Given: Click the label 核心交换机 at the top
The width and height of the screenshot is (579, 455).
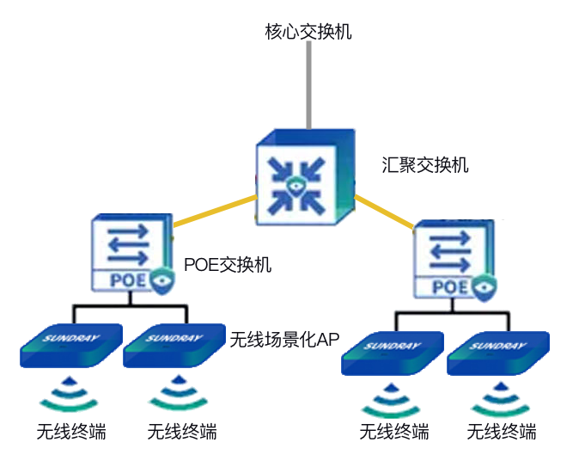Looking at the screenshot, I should pyautogui.click(x=308, y=33).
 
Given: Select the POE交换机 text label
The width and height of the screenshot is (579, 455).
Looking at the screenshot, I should pyautogui.click(x=228, y=265).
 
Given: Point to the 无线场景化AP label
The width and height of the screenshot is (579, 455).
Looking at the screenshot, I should pyautogui.click(x=285, y=339).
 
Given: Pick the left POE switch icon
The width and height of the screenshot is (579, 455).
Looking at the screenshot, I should pyautogui.click(x=130, y=255).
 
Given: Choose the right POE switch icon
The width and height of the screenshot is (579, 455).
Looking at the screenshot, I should pyautogui.click(x=454, y=260).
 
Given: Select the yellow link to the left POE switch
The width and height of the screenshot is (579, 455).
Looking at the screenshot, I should pyautogui.click(x=215, y=212).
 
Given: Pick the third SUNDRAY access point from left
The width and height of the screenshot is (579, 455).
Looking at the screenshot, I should pyautogui.click(x=392, y=353).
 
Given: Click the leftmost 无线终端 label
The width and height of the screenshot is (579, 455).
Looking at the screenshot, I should pyautogui.click(x=71, y=431).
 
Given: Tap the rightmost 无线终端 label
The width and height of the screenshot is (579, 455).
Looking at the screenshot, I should pyautogui.click(x=502, y=431).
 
